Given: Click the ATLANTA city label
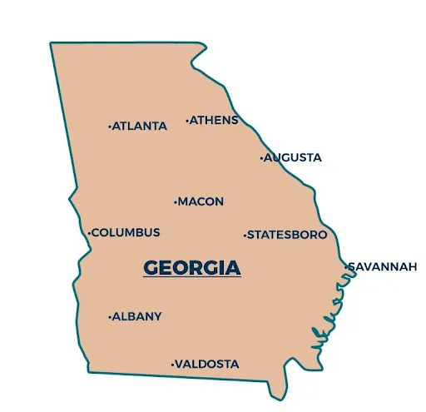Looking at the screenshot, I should pyautogui.click(x=140, y=127).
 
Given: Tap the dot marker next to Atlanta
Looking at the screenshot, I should pyautogui.click(x=110, y=127).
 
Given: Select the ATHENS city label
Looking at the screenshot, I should pyautogui.click(x=215, y=120).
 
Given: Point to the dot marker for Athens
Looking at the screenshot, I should pyautogui.click(x=187, y=121).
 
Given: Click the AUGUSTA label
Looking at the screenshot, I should pyautogui.click(x=293, y=157).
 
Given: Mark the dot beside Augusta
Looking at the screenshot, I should pyautogui.click(x=261, y=157).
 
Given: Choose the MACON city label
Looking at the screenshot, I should pyautogui.click(x=201, y=201).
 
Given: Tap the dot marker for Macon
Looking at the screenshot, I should pyautogui.click(x=175, y=201).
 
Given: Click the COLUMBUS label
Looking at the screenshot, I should pyautogui.click(x=126, y=232).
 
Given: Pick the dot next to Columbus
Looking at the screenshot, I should pyautogui.click(x=89, y=233).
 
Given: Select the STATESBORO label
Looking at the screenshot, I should pyautogui.click(x=288, y=235).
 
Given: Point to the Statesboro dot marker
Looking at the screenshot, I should pyautogui.click(x=245, y=236).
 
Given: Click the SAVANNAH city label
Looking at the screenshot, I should pyautogui.click(x=383, y=266).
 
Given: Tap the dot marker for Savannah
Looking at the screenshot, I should pyautogui.click(x=346, y=266).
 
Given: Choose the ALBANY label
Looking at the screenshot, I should pyautogui.click(x=138, y=316).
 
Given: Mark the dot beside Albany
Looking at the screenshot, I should pyautogui.click(x=110, y=316).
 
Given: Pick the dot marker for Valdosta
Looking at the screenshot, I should pyautogui.click(x=172, y=365).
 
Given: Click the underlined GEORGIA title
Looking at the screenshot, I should pyautogui.click(x=192, y=268).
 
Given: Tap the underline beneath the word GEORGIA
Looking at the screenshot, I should pyautogui.click(x=192, y=278).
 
